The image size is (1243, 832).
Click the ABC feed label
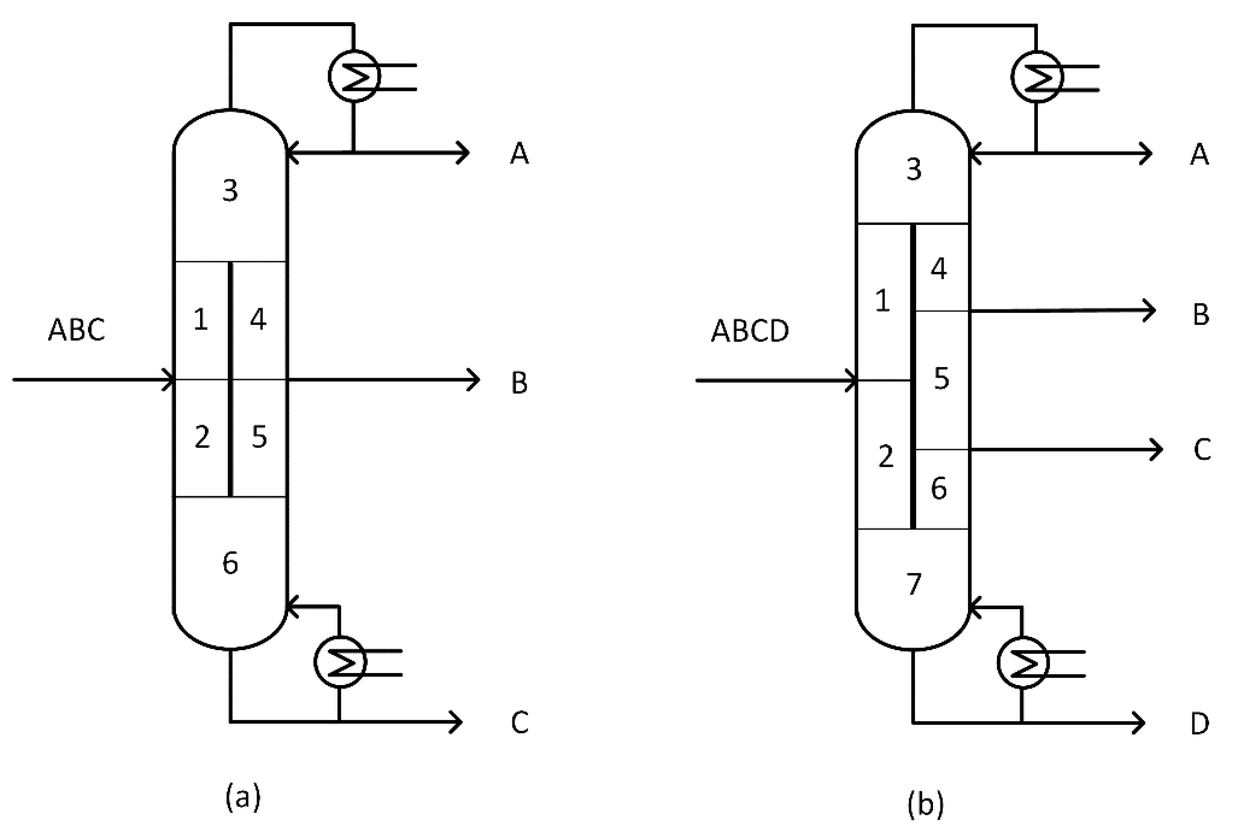[x=76, y=330]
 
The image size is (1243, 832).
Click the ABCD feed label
[x=749, y=331]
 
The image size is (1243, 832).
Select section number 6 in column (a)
[x=230, y=564]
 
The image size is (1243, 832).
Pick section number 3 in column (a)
[x=230, y=190]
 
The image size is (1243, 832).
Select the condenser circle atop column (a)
[x=354, y=76]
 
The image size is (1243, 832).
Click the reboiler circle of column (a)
[x=340, y=662]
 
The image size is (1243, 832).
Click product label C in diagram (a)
[x=519, y=723]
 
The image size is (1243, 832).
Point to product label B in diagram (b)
[x=1200, y=315]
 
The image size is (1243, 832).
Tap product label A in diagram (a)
[x=519, y=154]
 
